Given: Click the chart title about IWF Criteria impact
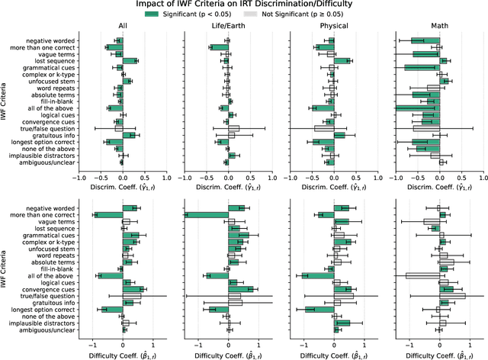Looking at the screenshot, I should pos(243,6).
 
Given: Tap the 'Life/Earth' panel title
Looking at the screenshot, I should pos(228,28).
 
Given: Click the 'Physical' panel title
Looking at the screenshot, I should pos(334,28).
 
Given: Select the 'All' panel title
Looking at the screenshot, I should pos(122,28).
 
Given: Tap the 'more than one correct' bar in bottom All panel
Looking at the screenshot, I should pos(108,214).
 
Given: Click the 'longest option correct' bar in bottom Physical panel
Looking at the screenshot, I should pos(319,310).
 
